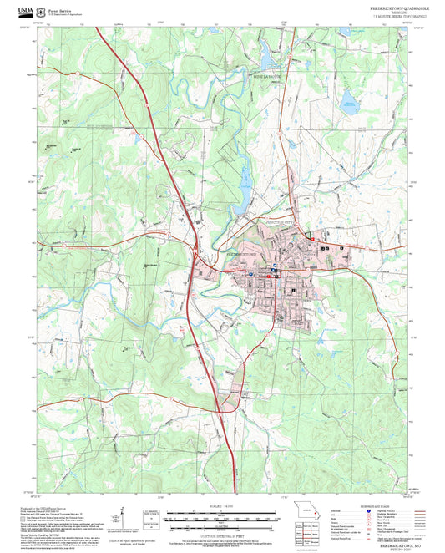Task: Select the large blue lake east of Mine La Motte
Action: click(348, 104)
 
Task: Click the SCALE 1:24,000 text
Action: click(222, 506)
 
